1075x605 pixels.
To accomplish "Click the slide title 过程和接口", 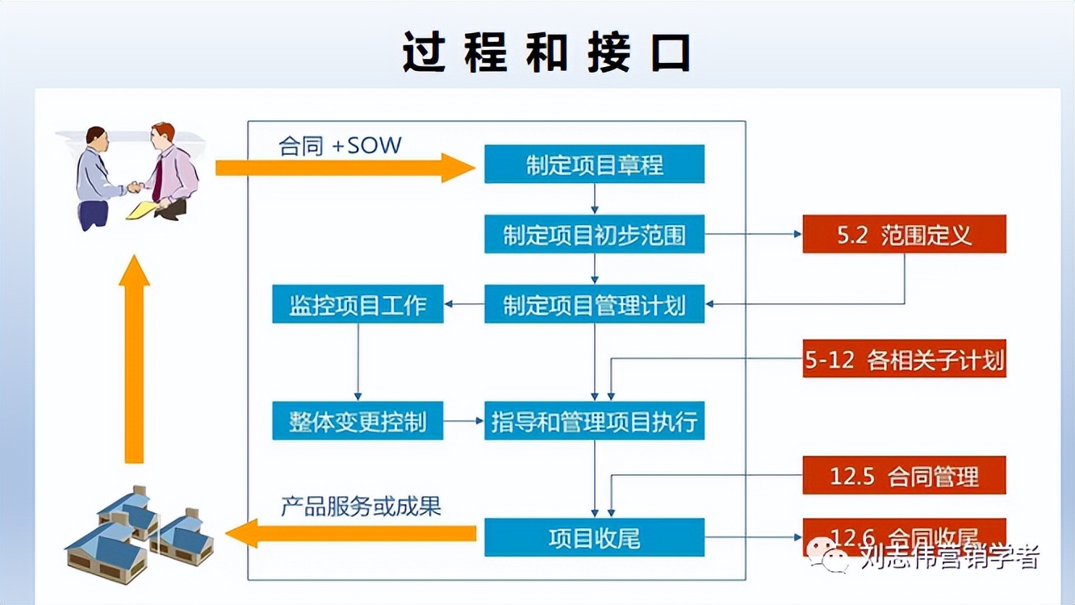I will pyautogui.click(x=546, y=53).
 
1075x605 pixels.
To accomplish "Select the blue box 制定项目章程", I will pyautogui.click(x=594, y=165).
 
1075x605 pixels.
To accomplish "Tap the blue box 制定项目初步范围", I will pyautogui.click(x=594, y=235).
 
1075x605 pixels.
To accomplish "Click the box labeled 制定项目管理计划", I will pyautogui.click(x=594, y=304).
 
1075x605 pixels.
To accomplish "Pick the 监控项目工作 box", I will pyautogui.click(x=358, y=304).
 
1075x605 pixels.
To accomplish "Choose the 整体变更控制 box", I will pyautogui.click(x=358, y=421).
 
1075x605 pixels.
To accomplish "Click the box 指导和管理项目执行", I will pyautogui.click(x=594, y=421).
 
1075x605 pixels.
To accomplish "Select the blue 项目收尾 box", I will pyautogui.click(x=594, y=537).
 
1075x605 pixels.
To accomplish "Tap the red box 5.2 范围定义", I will pyautogui.click(x=904, y=235).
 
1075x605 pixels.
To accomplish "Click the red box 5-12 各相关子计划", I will pyautogui.click(x=904, y=359).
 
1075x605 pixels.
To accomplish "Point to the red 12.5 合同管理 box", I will pyautogui.click(x=904, y=475).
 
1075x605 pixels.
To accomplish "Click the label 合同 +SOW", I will pyautogui.click(x=340, y=146).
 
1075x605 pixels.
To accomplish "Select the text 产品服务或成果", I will pyautogui.click(x=361, y=507).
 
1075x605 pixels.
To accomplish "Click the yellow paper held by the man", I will pyautogui.click(x=143, y=210).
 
